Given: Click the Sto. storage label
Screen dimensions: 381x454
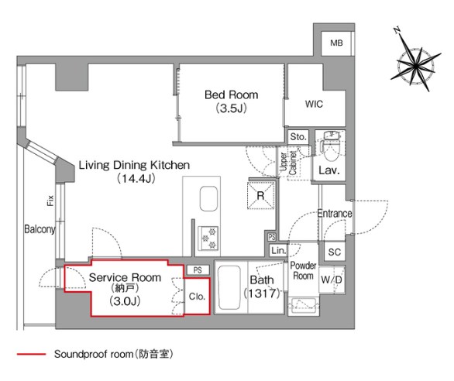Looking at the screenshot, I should point(298,137).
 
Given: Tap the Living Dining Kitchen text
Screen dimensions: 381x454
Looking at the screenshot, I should point(132,165).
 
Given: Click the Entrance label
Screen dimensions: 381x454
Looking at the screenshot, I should point(334,214).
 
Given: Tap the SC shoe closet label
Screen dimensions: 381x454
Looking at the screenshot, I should point(334,252).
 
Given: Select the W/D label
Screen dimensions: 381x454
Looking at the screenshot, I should point(333,279).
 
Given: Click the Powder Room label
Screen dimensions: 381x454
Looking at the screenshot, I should point(302,271).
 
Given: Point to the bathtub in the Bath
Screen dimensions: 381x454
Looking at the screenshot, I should point(229,290).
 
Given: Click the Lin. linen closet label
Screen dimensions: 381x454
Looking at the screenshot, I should point(278,252).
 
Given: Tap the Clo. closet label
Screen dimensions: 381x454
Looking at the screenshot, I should point(197,296).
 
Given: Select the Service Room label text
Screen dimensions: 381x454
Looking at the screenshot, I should point(125,277).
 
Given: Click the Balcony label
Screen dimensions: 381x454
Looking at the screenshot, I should point(40,229).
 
